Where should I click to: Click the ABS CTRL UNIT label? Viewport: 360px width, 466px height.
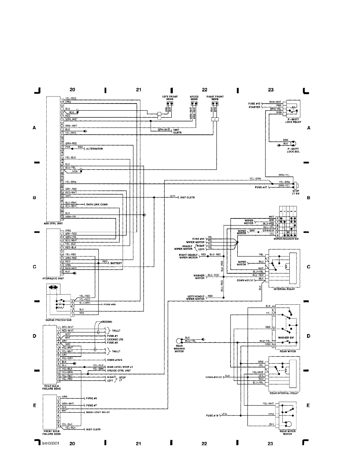pyautogui.click(x=55, y=223)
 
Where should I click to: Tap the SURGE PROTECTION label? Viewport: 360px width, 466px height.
pyautogui.click(x=58, y=320)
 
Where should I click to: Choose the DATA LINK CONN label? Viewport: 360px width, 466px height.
pyautogui.click(x=97, y=204)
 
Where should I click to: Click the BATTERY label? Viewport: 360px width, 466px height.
pyautogui.click(x=117, y=263)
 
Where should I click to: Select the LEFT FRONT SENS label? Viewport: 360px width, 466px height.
pyautogui.click(x=170, y=98)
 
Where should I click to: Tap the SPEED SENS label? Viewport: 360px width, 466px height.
pyautogui.click(x=194, y=98)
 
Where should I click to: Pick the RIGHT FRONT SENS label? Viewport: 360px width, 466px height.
pyautogui.click(x=215, y=98)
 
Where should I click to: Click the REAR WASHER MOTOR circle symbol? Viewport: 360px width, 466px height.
pyautogui.click(x=179, y=340)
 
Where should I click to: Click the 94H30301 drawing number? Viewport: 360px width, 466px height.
pyautogui.click(x=51, y=444)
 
